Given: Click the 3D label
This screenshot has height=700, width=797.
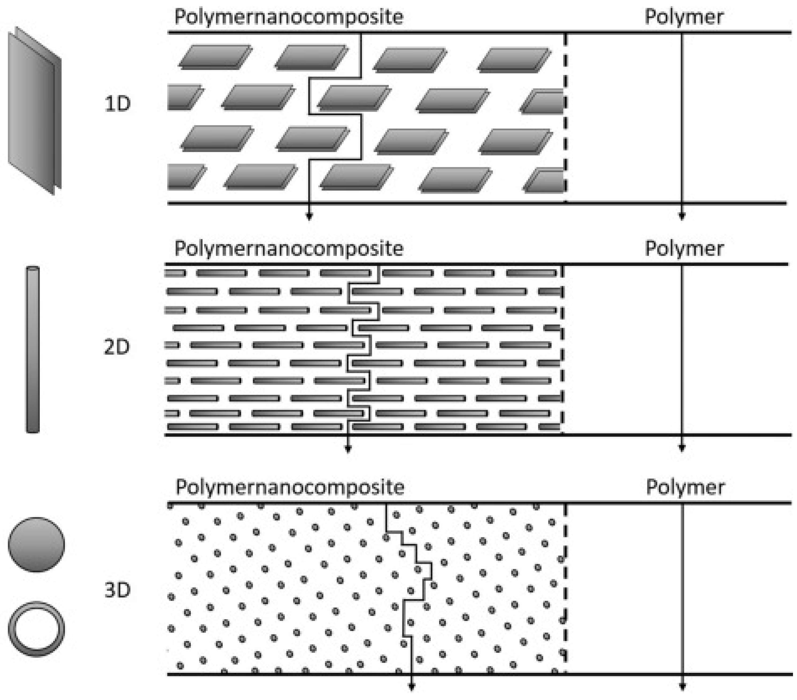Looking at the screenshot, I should [117, 590].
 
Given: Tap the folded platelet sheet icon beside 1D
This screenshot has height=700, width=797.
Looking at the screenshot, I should [34, 111].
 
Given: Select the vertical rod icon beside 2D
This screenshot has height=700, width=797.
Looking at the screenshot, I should [33, 349].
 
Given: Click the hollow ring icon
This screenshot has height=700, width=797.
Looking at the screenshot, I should [36, 629].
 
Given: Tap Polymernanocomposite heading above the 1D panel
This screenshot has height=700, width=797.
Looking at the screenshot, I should [289, 17].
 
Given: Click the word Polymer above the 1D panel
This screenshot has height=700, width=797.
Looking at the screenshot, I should [684, 17].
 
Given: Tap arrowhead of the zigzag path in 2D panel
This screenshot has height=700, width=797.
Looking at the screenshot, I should [348, 449].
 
